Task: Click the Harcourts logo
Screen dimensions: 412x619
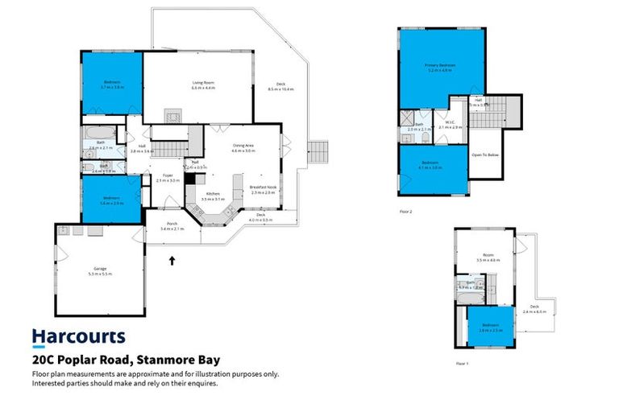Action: click(x=78, y=336)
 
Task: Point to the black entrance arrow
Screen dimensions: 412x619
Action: click(x=172, y=259)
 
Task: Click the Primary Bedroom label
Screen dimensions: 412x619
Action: click(x=441, y=67)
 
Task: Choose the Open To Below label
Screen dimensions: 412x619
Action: click(x=486, y=154)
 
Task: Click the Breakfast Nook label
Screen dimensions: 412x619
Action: click(x=263, y=190)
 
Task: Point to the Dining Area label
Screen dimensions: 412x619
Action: click(x=243, y=148)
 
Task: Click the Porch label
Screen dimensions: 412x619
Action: click(x=172, y=226)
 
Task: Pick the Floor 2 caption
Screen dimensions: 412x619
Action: click(x=405, y=212)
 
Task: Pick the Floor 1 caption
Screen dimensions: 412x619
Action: click(x=461, y=364)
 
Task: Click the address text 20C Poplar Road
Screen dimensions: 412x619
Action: click(x=125, y=360)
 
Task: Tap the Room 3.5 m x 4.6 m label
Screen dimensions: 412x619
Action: click(x=488, y=258)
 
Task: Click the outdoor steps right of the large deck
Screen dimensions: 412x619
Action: click(x=319, y=150)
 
